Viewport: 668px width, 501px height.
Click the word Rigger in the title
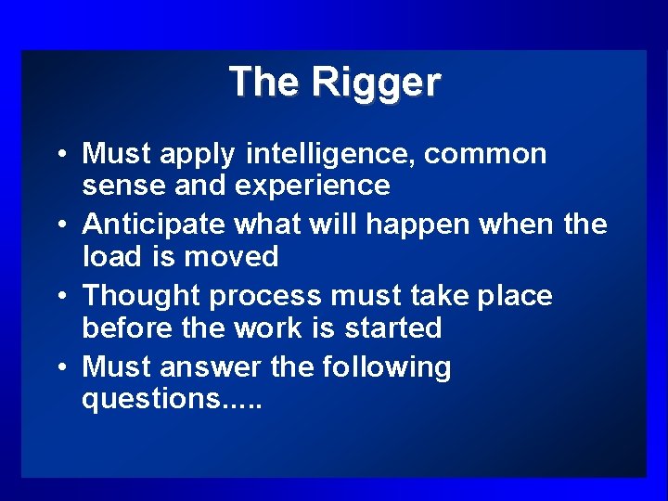click(376, 83)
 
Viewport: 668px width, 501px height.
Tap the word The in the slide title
click(266, 82)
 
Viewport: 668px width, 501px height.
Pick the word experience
click(312, 186)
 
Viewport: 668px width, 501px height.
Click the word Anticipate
click(155, 225)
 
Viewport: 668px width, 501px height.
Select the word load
click(109, 257)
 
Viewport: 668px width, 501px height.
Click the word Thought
click(142, 296)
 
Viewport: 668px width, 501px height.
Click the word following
click(387, 367)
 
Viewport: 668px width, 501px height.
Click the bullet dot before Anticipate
click(60, 225)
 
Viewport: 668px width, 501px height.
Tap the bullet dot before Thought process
click(60, 297)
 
